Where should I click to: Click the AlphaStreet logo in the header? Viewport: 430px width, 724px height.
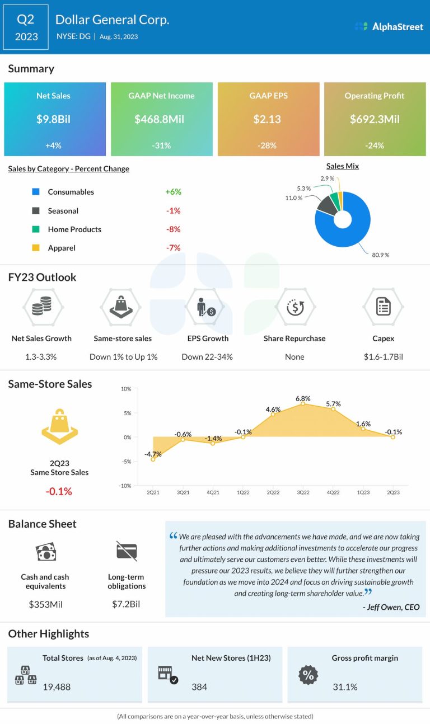click(389, 26)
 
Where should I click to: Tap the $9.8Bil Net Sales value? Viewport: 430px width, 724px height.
click(53, 119)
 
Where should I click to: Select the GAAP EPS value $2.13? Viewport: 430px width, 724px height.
click(268, 119)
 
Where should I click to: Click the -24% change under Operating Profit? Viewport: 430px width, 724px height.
click(374, 145)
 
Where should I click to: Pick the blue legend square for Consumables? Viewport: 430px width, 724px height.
click(36, 192)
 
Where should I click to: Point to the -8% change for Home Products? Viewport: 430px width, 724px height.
click(173, 229)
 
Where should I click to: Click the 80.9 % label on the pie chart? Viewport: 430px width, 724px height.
click(380, 255)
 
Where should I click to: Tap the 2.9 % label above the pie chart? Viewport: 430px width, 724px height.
click(328, 178)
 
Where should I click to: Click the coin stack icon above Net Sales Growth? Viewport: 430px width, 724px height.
click(42, 307)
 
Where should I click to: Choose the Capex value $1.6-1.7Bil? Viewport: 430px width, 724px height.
click(384, 356)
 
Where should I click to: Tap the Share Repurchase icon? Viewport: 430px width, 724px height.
click(295, 307)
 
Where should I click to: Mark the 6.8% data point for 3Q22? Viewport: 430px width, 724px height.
click(303, 403)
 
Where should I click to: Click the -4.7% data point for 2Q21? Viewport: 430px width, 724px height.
click(152, 459)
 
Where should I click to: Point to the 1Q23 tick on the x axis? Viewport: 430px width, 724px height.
click(363, 492)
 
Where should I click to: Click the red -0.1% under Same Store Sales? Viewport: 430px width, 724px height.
click(59, 491)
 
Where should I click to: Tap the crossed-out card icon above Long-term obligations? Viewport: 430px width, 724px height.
click(127, 551)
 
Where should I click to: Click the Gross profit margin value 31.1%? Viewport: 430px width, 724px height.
click(345, 687)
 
